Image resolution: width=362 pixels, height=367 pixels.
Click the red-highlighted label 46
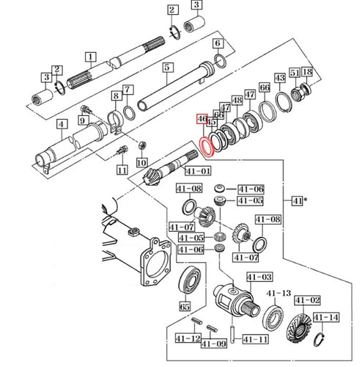202,119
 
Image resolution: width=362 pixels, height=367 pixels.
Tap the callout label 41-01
198,171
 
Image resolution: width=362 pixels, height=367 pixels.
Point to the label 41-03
259,277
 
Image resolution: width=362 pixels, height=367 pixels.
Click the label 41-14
326,317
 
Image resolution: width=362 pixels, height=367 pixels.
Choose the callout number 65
185,306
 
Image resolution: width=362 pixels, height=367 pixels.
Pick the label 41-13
279,293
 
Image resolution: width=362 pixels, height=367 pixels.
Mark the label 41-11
256,339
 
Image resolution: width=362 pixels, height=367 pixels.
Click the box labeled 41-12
188,338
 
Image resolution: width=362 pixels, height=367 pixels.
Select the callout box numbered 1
91,57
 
